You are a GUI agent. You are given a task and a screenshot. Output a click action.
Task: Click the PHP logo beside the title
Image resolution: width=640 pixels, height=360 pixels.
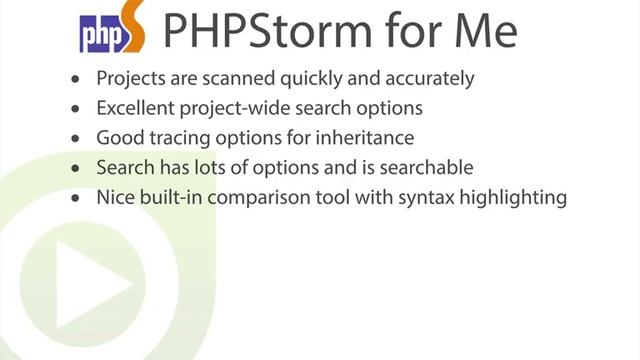tap(111, 32)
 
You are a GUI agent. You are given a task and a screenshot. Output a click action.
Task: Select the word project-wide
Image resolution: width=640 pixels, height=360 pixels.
tap(237, 108)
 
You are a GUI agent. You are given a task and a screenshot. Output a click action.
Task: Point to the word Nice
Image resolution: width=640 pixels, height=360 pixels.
tap(115, 198)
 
